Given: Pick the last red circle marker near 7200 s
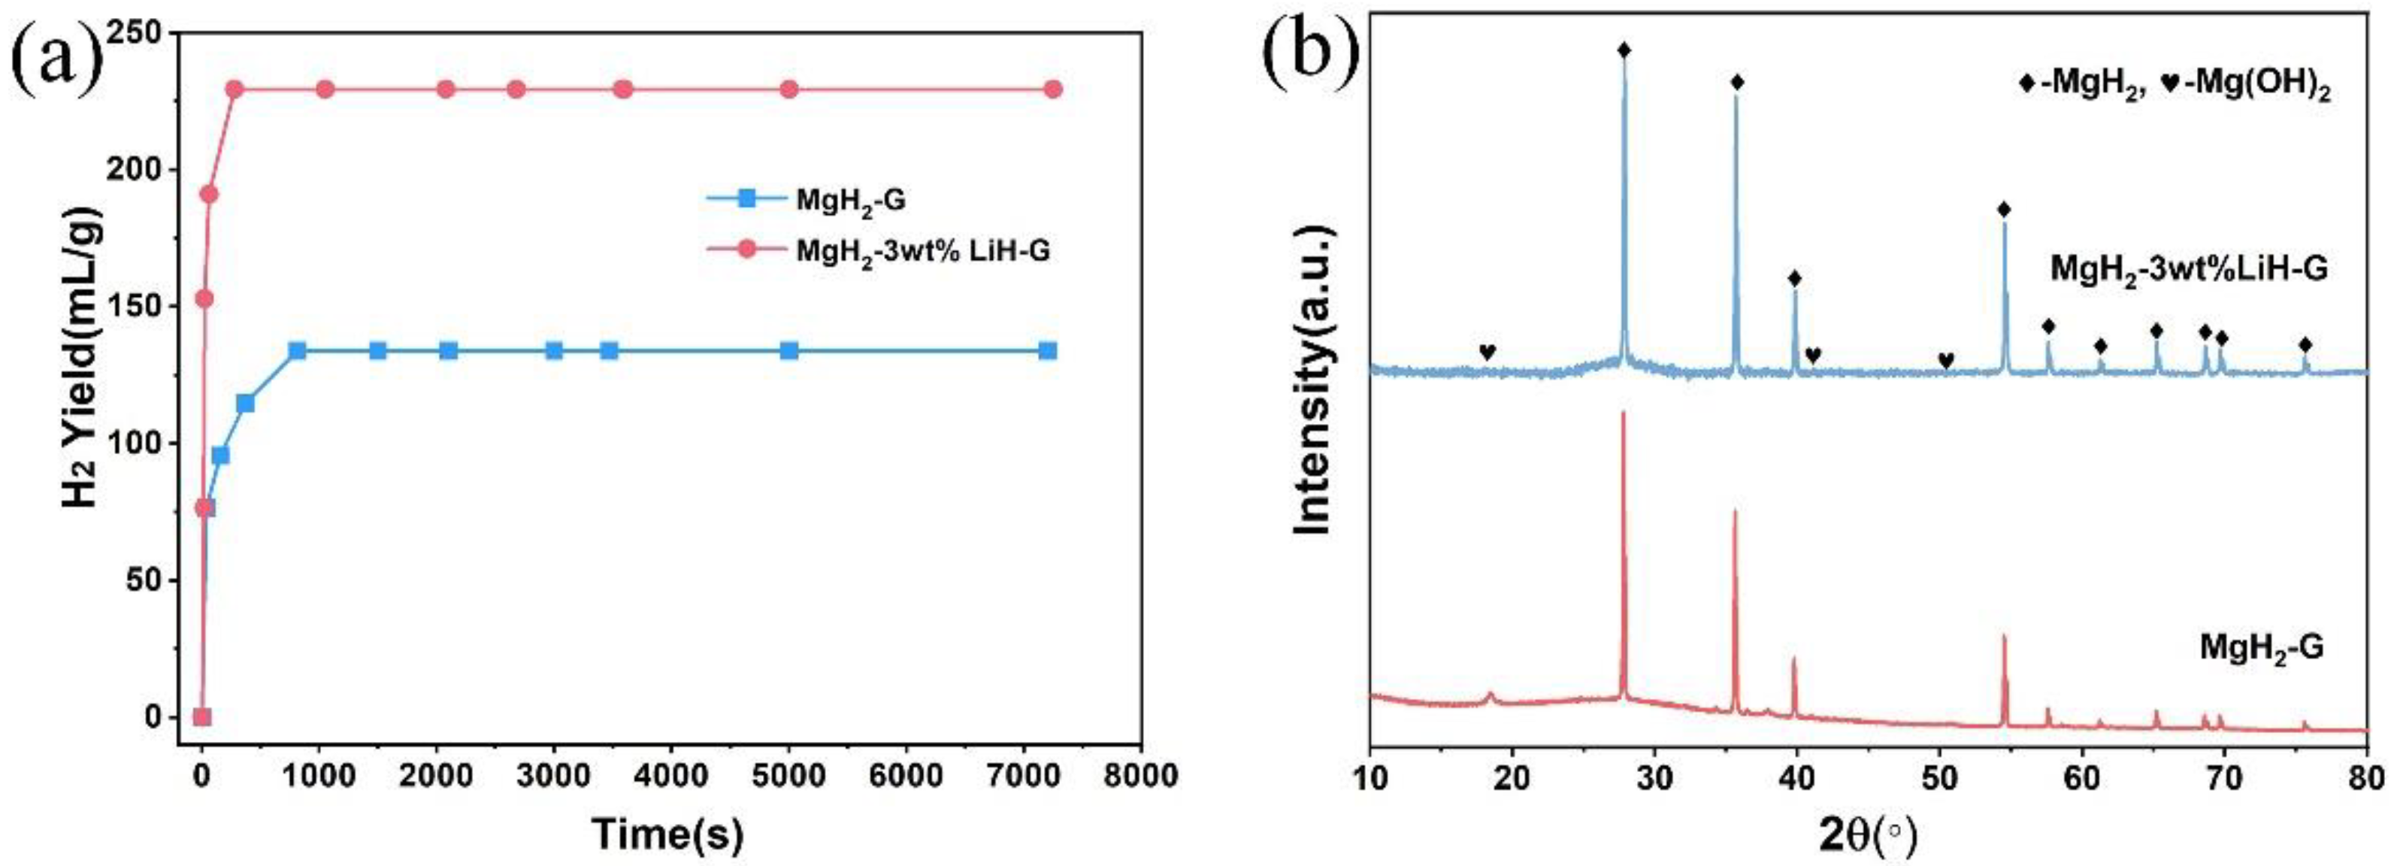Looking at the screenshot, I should (x=1052, y=89).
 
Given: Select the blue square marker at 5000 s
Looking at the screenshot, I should (x=789, y=350).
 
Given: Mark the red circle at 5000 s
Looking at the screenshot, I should (x=789, y=89).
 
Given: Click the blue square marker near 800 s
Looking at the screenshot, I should (x=298, y=350).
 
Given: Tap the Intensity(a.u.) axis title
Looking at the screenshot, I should (x=1314, y=381).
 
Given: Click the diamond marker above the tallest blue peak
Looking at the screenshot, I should (x=1624, y=50).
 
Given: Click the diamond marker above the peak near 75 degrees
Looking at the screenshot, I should (x=2323, y=345).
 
